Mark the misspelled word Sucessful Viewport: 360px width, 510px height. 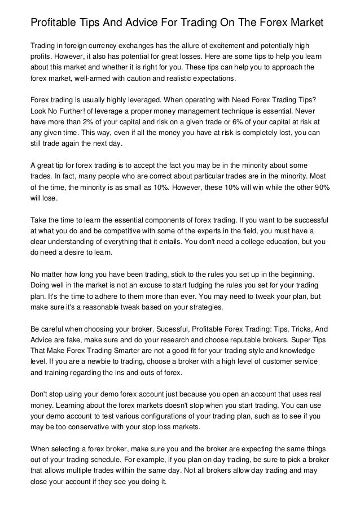pyautogui.click(x=170, y=329)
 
